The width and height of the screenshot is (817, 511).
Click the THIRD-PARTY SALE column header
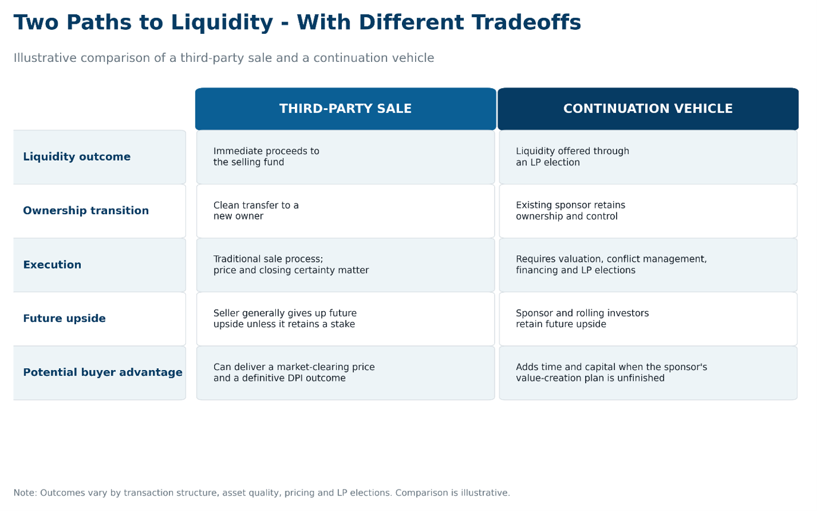(x=345, y=109)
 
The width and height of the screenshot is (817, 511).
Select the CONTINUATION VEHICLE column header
(x=648, y=109)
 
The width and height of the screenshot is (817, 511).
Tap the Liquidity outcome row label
(x=77, y=156)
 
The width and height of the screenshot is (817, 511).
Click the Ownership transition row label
(x=86, y=211)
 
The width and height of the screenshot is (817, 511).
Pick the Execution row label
(x=52, y=265)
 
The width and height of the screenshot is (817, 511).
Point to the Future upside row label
(x=64, y=318)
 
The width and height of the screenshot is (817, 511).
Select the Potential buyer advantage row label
(x=102, y=372)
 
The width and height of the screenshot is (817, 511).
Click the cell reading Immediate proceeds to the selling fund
(x=345, y=157)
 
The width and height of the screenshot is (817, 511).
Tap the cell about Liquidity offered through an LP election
(x=648, y=157)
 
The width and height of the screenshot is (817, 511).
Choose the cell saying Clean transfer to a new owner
(x=345, y=211)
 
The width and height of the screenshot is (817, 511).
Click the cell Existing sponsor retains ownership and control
(x=648, y=211)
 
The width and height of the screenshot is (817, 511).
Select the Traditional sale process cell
(x=345, y=265)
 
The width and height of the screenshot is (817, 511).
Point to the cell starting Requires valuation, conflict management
(x=648, y=265)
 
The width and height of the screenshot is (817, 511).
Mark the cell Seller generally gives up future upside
(x=345, y=319)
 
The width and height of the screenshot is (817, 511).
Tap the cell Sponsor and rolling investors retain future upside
(x=648, y=319)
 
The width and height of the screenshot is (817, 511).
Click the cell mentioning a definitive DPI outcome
(x=345, y=372)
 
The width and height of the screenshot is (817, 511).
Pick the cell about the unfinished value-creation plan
(x=648, y=372)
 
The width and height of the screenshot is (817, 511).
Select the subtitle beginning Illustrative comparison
(x=224, y=58)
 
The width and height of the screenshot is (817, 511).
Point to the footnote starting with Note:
(x=262, y=493)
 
